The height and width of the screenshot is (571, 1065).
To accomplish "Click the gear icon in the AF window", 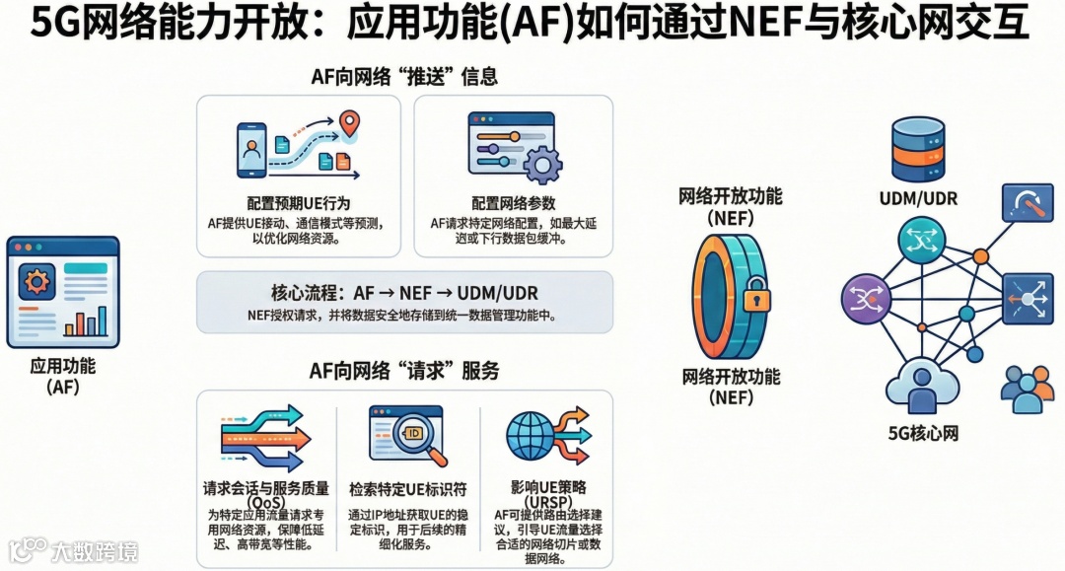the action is (37, 283).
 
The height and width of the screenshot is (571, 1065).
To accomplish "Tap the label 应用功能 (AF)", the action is (62, 375).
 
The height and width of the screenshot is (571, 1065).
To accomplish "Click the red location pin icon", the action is (348, 124).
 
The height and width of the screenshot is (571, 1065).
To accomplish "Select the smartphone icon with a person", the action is (250, 150).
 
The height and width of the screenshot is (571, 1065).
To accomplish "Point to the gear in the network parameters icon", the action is (541, 164).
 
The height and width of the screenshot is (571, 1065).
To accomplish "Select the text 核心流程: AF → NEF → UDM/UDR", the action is (404, 293).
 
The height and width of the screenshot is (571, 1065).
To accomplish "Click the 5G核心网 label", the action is (923, 433).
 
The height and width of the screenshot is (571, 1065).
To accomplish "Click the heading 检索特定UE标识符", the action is (407, 489).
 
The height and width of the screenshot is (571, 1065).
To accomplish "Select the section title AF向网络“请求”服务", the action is (404, 370).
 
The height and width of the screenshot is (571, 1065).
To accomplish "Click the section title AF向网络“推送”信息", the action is (404, 76).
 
